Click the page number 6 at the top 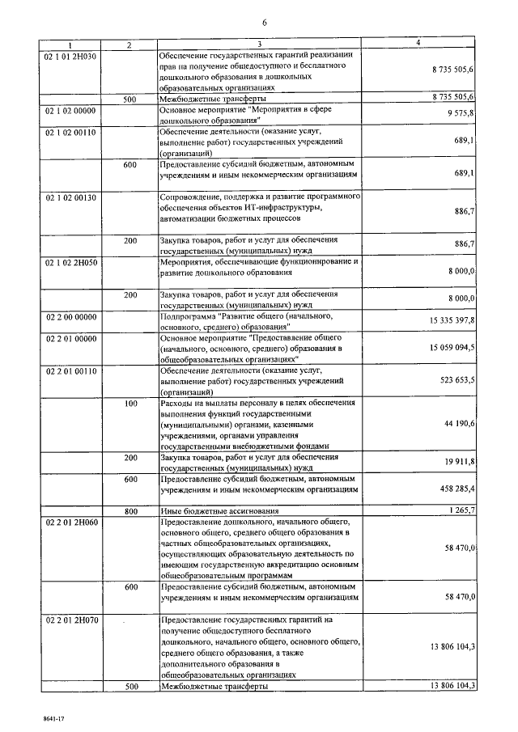tap(261, 23)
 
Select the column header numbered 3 tap(260, 44)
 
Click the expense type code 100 tap(130, 402)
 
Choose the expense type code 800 tap(130, 511)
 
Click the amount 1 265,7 tap(459, 510)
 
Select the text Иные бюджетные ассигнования tap(220, 511)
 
